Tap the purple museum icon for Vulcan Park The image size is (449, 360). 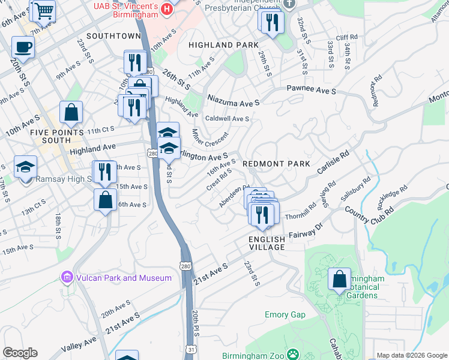pyautogui.click(x=67, y=277)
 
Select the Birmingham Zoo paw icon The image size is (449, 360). pyautogui.click(x=293, y=355)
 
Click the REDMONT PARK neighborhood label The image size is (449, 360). pyautogui.click(x=276, y=164)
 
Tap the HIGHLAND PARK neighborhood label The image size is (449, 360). pyautogui.click(x=223, y=45)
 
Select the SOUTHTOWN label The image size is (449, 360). pyautogui.click(x=113, y=36)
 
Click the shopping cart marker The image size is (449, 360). pyautogui.click(x=44, y=11)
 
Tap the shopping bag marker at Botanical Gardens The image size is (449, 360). pyautogui.click(x=339, y=278)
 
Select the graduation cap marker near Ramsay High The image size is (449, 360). pyautogui.click(x=26, y=166)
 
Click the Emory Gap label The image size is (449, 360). pyautogui.click(x=285, y=314)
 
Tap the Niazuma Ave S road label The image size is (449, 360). pyautogui.click(x=234, y=98)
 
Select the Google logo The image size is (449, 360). pyautogui.click(x=20, y=353)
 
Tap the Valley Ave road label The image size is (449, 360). pyautogui.click(x=80, y=344)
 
